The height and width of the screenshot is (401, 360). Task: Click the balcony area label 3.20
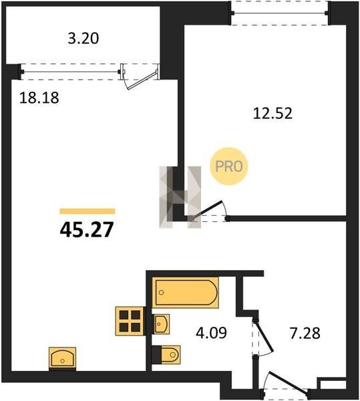pos(83,39)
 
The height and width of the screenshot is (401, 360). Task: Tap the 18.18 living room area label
pos(39,98)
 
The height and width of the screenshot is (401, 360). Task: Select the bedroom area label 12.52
pos(273,114)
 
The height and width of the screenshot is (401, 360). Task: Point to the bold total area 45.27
pos(87,229)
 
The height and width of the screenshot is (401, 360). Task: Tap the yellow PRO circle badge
pos(229,166)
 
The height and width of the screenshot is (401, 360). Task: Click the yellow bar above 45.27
pos(87,211)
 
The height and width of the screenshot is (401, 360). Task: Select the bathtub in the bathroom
pos(186,292)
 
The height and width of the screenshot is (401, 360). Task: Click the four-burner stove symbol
pos(130,321)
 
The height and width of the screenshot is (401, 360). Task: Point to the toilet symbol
pos(166,355)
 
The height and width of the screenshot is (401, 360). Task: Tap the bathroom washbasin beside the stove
pos(161,324)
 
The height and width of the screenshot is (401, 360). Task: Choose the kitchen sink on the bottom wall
pos(62,358)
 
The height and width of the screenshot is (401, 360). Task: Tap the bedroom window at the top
pos(279,13)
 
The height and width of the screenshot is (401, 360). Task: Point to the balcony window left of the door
pos(71,72)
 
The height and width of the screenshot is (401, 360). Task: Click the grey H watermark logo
pos(180,197)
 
